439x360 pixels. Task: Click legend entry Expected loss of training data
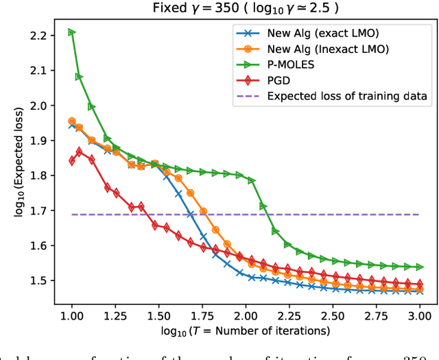pyautogui.click(x=348, y=96)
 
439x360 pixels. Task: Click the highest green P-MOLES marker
pyautogui.click(x=72, y=32)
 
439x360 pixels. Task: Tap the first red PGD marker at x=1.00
pyautogui.click(x=72, y=161)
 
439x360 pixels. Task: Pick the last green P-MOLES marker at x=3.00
pyautogui.click(x=419, y=267)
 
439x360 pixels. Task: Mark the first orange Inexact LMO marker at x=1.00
pyautogui.click(x=72, y=121)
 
